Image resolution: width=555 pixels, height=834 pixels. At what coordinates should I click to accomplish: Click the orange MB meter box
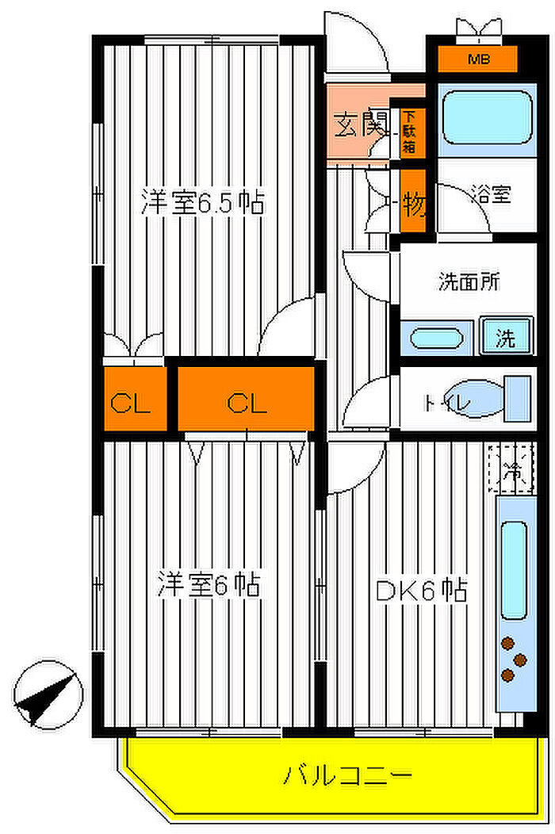point(477,58)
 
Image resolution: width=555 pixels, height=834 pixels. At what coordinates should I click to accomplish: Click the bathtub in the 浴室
point(486,117)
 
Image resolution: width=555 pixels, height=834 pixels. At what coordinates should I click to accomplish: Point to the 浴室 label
point(492,194)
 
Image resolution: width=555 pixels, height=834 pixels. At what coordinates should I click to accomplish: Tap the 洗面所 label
point(470,281)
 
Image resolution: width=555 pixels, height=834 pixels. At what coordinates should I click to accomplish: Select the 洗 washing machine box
point(506,339)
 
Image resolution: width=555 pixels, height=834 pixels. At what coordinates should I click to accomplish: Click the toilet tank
point(518,400)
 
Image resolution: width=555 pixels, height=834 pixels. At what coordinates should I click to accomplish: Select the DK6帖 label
point(420,590)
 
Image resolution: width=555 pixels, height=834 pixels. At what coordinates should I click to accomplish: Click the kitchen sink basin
point(514,570)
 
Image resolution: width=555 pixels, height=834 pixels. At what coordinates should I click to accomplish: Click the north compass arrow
point(48,694)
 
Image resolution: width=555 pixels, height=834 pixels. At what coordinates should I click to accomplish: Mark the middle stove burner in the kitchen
point(521,659)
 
